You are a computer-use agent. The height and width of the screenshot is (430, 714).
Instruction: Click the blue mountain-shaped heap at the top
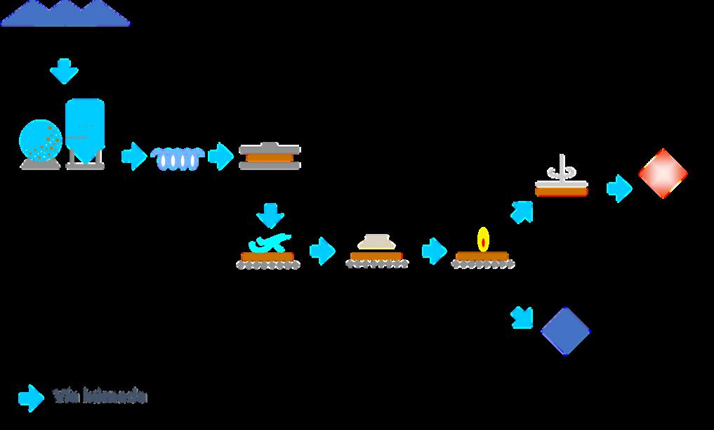coord(65,14)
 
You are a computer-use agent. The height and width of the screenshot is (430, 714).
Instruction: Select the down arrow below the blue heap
coord(65,71)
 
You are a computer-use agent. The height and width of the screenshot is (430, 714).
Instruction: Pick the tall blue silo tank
coord(85,130)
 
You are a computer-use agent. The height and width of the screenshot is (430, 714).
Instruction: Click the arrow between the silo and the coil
coord(133,156)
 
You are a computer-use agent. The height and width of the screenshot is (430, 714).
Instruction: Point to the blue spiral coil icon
coord(178,158)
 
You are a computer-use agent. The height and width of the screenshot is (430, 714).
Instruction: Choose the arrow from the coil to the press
coord(220,156)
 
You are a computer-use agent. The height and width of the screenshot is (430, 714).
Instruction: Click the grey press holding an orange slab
coord(270,156)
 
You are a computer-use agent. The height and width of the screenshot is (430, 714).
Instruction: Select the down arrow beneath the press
coord(270,214)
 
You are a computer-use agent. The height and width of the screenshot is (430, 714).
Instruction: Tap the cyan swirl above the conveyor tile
coord(270,243)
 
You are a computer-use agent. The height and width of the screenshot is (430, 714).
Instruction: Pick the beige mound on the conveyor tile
coord(376,242)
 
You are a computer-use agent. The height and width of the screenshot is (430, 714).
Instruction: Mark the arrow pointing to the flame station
coord(434,251)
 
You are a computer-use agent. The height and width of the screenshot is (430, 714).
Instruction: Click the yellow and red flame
coord(483,240)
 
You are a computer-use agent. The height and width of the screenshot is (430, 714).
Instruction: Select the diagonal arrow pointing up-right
coord(522,211)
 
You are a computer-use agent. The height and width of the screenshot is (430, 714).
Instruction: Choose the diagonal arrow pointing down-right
coord(522,317)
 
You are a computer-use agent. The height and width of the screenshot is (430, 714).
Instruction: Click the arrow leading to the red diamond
coord(619,188)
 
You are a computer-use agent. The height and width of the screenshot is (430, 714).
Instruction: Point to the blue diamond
coord(565,331)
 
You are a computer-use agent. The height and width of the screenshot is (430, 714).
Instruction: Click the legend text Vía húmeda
coord(100,397)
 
